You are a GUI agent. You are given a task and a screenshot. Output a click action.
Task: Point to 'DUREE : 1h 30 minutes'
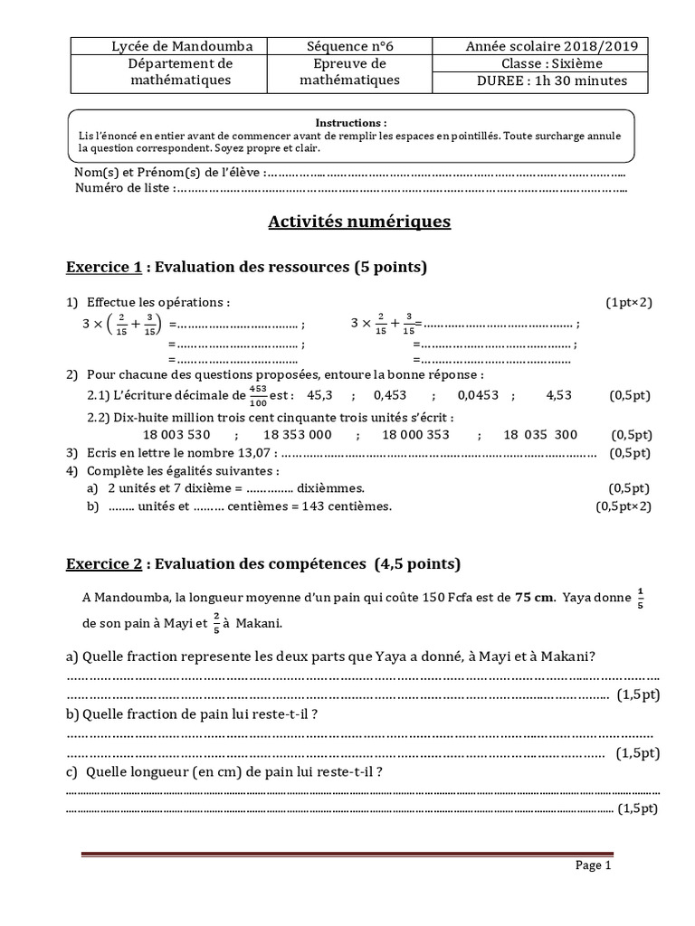[x=538, y=80]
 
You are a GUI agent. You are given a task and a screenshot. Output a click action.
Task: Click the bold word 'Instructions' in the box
[x=351, y=122]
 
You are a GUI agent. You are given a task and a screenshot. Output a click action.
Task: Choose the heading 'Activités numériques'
[x=359, y=222]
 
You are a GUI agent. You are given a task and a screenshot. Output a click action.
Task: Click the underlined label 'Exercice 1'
[x=104, y=268]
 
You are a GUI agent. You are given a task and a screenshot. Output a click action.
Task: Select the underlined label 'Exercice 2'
[x=104, y=564]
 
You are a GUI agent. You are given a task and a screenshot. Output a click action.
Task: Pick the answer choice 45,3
[x=320, y=395]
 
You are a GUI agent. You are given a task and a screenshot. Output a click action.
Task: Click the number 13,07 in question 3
[x=263, y=452]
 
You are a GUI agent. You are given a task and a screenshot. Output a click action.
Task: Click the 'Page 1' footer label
[x=595, y=865]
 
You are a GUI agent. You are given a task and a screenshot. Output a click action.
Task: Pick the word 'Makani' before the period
[x=260, y=623]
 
